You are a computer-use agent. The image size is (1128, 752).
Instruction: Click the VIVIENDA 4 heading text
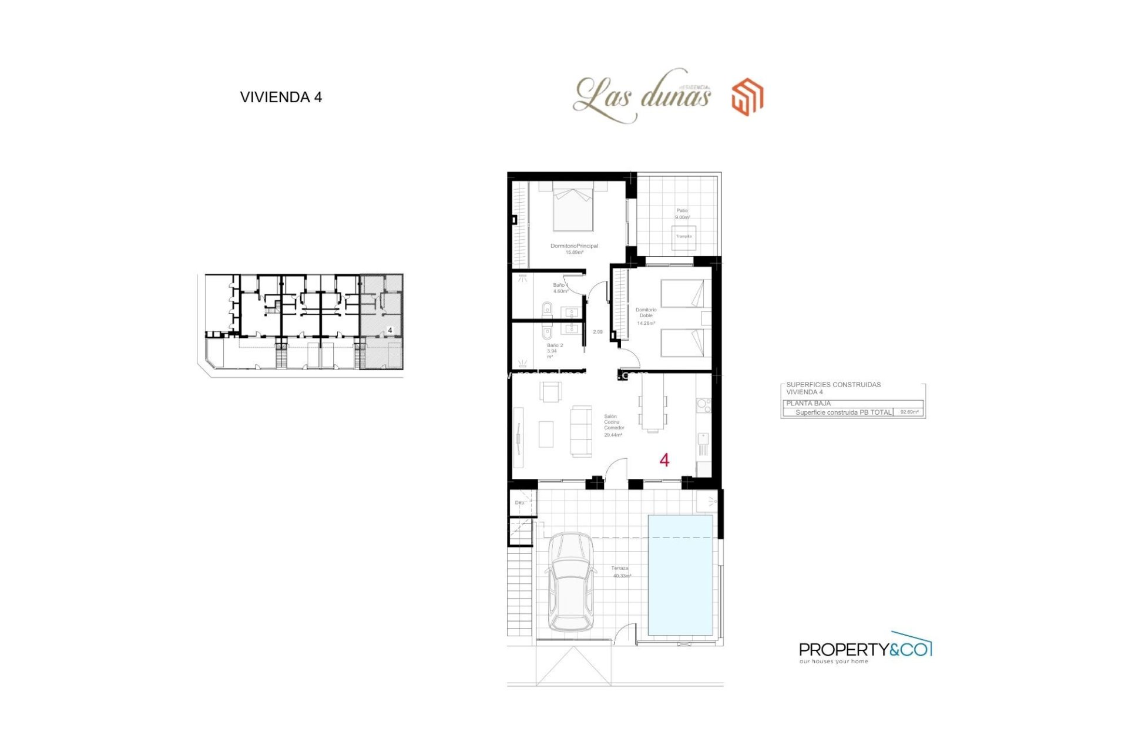[x=281, y=98]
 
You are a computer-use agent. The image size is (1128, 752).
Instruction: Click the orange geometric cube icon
[x=747, y=97]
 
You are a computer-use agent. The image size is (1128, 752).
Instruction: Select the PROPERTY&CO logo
[x=865, y=649]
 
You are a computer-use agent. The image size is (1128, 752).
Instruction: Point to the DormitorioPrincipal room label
[x=574, y=246]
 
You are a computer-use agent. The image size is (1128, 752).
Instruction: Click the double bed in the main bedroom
[x=573, y=207]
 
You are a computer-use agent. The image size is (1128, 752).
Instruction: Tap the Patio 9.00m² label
[x=682, y=214]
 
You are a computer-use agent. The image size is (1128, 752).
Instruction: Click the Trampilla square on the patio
[x=684, y=237]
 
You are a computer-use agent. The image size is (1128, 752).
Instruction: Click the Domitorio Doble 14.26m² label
[x=646, y=316]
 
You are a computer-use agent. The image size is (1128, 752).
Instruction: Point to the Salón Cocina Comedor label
[x=613, y=425]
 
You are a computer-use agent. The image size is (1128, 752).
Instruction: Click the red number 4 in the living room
[x=664, y=460]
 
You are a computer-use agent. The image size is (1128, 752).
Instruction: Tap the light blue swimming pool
[x=680, y=575]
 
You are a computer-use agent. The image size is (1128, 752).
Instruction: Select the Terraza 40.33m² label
[x=620, y=572]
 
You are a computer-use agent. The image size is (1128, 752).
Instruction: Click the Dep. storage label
[x=520, y=503]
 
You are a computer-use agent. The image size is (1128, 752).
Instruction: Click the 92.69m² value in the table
[x=909, y=412]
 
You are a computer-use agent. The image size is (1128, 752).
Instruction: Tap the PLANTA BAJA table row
[x=852, y=404]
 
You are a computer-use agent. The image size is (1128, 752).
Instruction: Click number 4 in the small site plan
[x=390, y=331]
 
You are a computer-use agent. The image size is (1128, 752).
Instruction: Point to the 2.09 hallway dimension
[x=597, y=332]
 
